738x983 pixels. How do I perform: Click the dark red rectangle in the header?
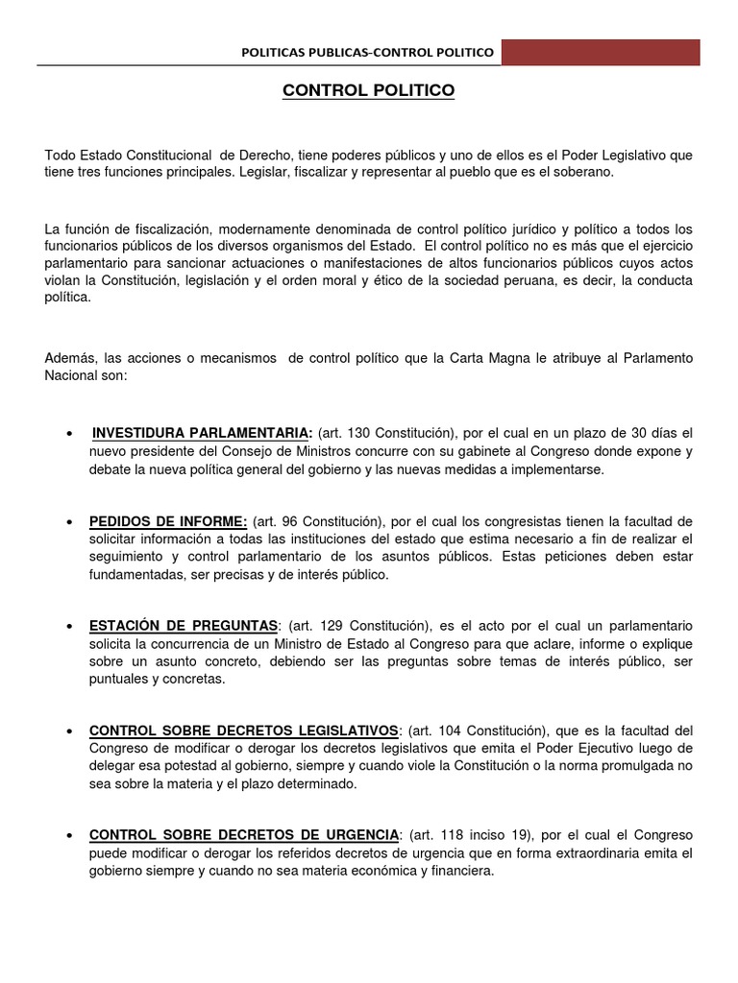(x=601, y=52)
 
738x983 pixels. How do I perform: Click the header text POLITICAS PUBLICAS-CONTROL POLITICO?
(x=368, y=53)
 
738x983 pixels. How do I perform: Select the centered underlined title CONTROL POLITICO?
(x=368, y=91)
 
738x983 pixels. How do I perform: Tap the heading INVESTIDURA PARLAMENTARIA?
(x=202, y=433)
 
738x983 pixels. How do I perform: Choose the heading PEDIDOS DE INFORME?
(x=168, y=521)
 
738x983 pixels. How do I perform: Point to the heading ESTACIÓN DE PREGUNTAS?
(x=184, y=626)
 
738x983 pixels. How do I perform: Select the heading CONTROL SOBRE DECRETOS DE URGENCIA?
(x=243, y=834)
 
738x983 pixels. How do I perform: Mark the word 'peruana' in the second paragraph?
(x=490, y=280)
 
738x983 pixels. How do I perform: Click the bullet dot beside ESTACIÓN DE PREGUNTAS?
(x=71, y=627)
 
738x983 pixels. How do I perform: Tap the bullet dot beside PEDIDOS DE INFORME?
(x=71, y=522)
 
